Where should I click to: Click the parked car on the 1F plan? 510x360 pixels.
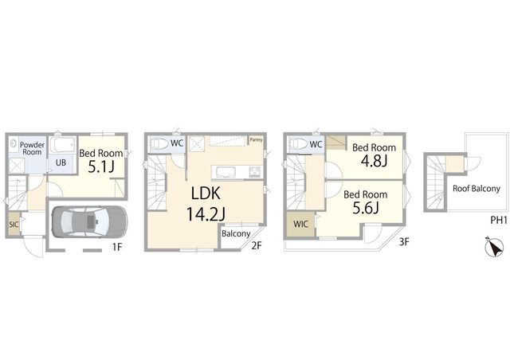pos(89,221)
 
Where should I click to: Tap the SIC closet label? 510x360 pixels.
pos(14,225)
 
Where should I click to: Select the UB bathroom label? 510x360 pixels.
pos(61,162)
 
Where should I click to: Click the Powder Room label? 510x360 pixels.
pos(32,148)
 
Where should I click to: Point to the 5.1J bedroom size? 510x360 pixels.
pos(101,166)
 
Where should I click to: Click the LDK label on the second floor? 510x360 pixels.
pos(206,194)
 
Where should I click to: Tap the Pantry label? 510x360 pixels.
pos(256,140)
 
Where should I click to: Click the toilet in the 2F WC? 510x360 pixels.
pos(160,143)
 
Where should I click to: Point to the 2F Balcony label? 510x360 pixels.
pos(236,234)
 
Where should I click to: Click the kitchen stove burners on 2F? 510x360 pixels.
pos(255,171)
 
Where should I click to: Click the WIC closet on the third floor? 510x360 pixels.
pos(300,224)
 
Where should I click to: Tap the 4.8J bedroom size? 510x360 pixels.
pos(374,161)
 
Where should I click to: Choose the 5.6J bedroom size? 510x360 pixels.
pos(366,208)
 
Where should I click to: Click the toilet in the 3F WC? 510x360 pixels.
pos(299,143)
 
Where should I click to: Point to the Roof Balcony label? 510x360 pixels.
pos(477,189)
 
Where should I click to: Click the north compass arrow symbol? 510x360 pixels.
pos(494,247)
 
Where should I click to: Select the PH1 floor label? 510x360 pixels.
pos(499,221)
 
